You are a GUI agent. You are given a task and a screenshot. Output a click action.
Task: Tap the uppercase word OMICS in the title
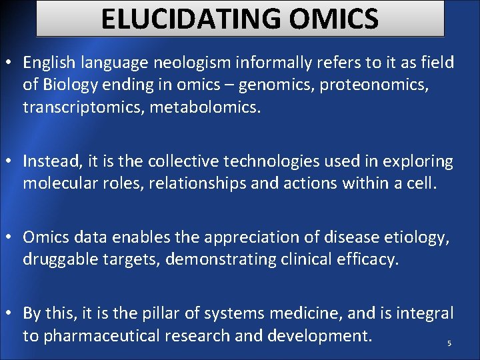pos(333,19)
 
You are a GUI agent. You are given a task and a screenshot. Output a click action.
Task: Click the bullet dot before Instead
pos(11,162)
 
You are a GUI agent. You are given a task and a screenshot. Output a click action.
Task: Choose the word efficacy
pos(368,259)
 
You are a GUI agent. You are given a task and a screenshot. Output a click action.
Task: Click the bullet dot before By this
pos(11,313)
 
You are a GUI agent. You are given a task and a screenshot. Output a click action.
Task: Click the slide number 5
pos(449,343)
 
